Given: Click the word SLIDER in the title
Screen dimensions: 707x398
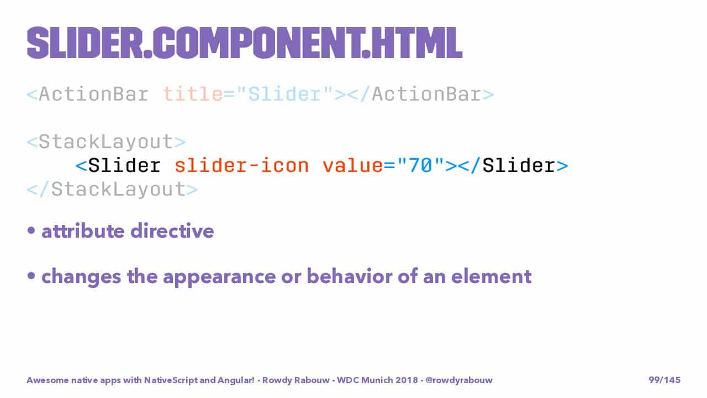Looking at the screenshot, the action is point(85,43).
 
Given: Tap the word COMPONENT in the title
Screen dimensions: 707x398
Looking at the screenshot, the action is point(257,43).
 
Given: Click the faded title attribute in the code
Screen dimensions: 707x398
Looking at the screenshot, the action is point(193,94).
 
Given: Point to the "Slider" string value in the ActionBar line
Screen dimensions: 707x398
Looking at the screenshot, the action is point(284,94).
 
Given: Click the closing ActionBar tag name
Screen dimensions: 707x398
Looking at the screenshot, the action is point(426,94).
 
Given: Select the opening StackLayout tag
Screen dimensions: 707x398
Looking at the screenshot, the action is point(107,142).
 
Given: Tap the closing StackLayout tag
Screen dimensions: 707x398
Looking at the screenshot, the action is point(112,189).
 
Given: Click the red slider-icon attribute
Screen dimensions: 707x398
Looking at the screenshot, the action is point(241,165).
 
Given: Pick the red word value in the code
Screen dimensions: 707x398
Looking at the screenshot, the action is point(352,165).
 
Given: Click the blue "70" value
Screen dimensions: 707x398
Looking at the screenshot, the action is point(420,165).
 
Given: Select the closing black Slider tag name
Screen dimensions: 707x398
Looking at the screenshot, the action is point(519,165).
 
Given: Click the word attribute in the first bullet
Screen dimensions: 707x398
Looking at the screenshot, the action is point(83,231).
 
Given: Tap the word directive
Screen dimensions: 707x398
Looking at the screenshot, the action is point(172,231).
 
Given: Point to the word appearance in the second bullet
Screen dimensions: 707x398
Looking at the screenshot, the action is point(219,277).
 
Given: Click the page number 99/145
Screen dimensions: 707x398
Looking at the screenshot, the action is point(664,380).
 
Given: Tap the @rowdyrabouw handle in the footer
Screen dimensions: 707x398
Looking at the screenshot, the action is point(459,380).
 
